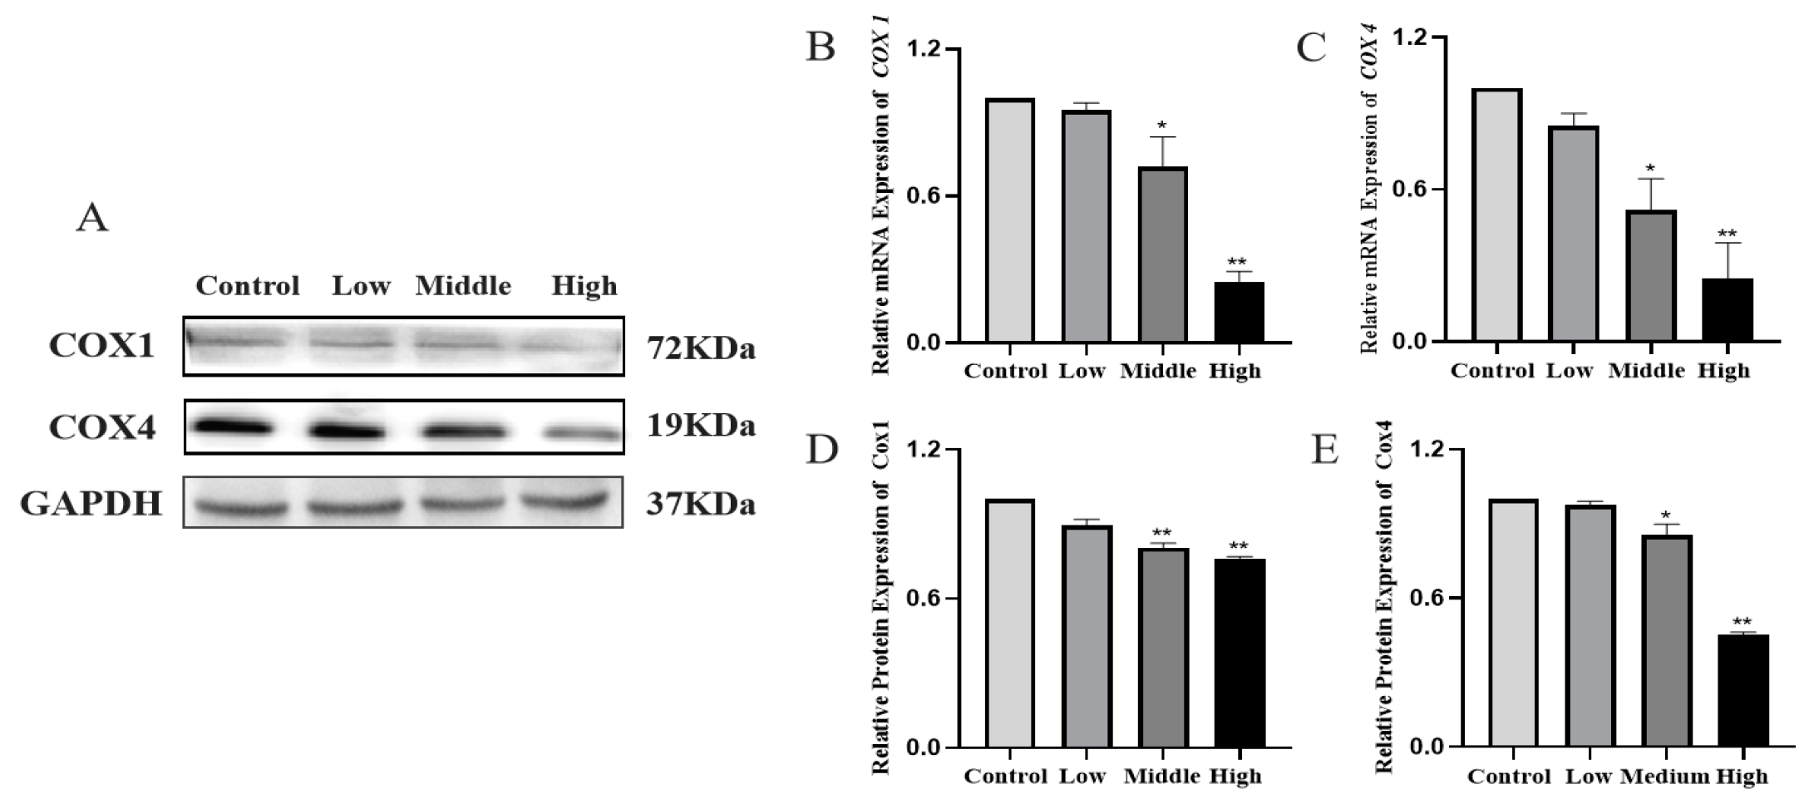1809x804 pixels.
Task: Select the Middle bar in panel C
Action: click(1650, 275)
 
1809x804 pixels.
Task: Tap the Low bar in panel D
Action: click(1087, 636)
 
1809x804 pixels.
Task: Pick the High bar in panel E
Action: click(1742, 690)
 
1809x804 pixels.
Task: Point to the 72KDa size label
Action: click(701, 348)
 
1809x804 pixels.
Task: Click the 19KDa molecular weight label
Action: click(701, 426)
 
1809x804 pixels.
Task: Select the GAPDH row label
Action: click(91, 504)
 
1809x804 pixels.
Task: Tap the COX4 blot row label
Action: click(102, 427)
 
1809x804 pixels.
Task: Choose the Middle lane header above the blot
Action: click(463, 286)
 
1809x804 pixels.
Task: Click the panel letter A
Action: click(91, 219)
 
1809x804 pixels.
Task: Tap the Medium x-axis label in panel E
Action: click(1664, 777)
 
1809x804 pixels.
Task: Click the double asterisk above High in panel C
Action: click(1727, 234)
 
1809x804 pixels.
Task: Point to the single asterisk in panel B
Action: click(1162, 126)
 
